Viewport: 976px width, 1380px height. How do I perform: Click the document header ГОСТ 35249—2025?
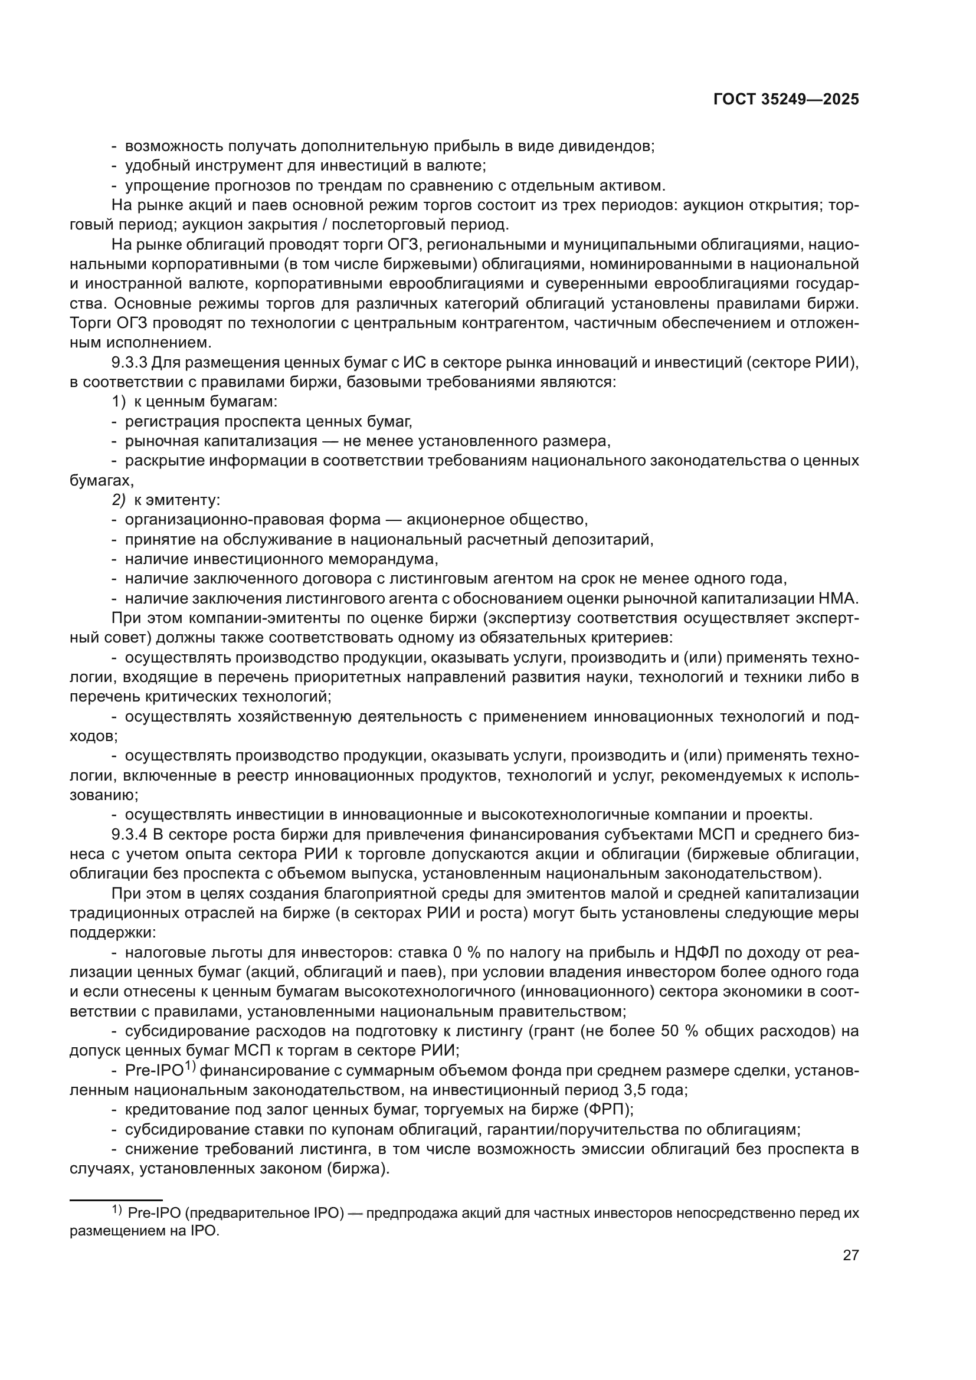786,100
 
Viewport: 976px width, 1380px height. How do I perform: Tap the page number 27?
850,1255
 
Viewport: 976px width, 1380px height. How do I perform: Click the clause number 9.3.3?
129,363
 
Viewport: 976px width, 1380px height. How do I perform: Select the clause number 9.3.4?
129,835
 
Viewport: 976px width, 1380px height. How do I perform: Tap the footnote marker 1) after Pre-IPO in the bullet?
191,1066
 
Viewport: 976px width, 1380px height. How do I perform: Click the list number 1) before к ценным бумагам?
119,402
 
